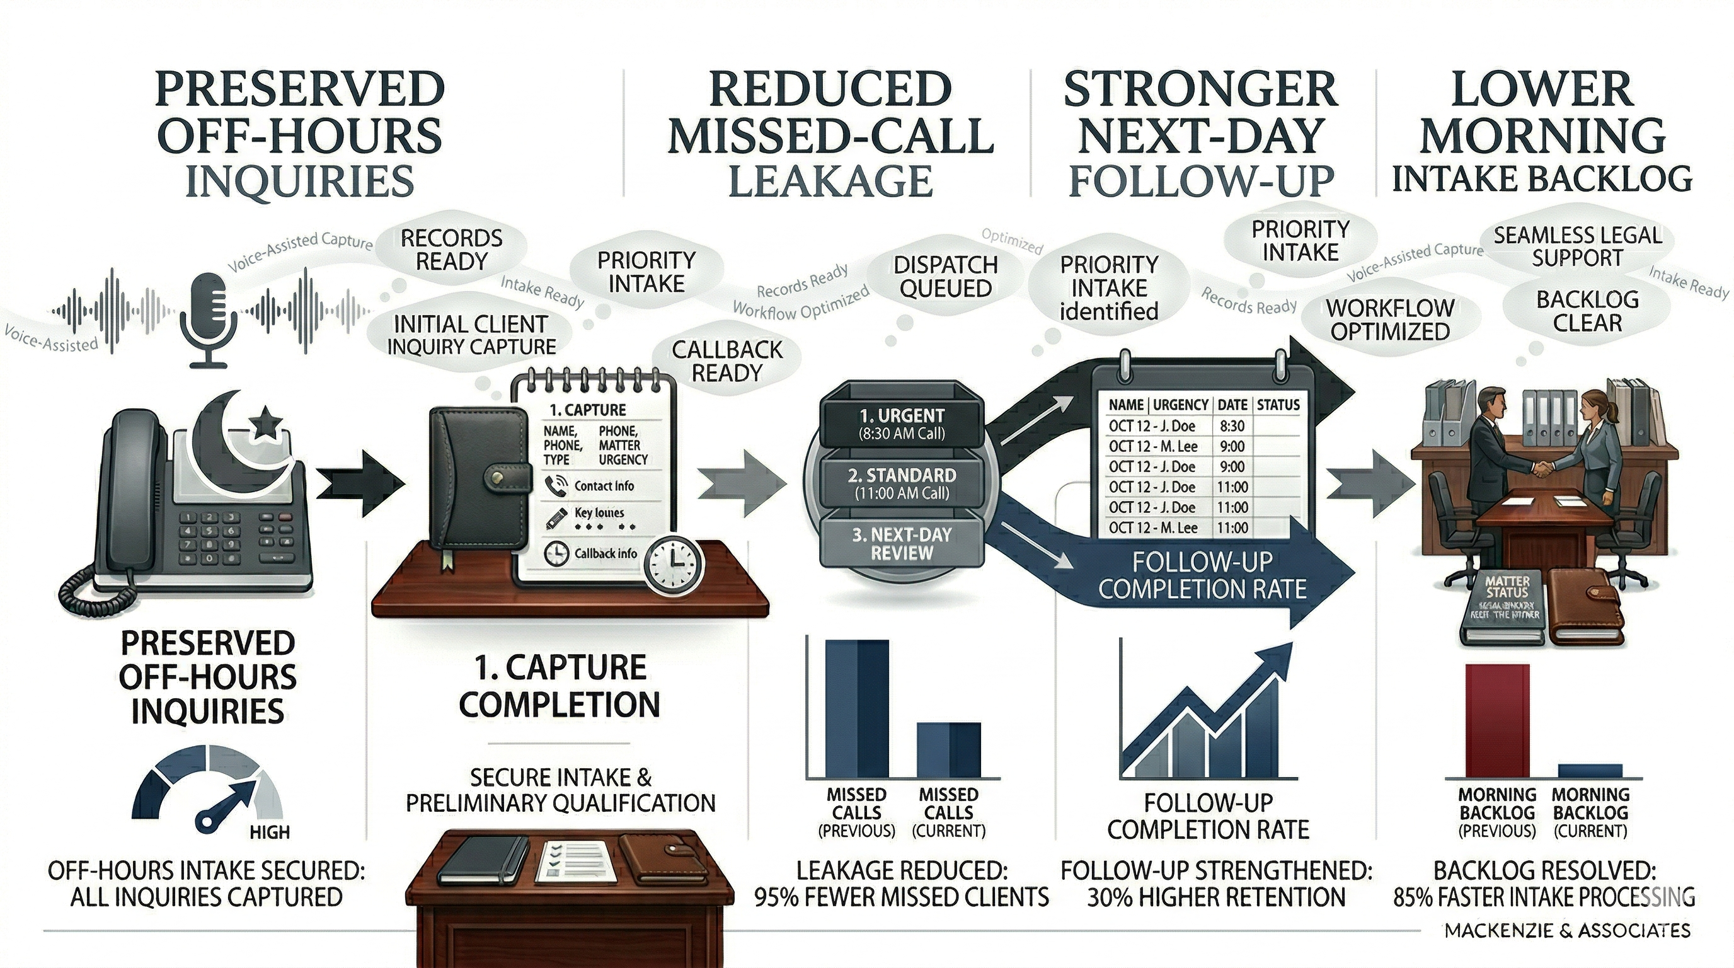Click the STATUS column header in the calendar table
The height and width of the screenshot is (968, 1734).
[x=1278, y=405]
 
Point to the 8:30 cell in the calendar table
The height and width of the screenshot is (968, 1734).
[x=1232, y=426]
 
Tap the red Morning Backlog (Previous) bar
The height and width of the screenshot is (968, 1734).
[x=1496, y=720]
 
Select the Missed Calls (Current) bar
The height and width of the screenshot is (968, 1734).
[x=949, y=751]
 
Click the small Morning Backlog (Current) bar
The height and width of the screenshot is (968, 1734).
[x=1590, y=771]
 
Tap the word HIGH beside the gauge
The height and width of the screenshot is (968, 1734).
[x=270, y=832]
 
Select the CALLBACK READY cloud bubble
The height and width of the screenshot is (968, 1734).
[x=727, y=361]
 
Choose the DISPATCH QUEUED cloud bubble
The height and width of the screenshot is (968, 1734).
[x=945, y=276]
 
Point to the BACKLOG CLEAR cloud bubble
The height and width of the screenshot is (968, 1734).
[x=1587, y=311]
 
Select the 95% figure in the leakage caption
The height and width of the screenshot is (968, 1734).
[x=776, y=897]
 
